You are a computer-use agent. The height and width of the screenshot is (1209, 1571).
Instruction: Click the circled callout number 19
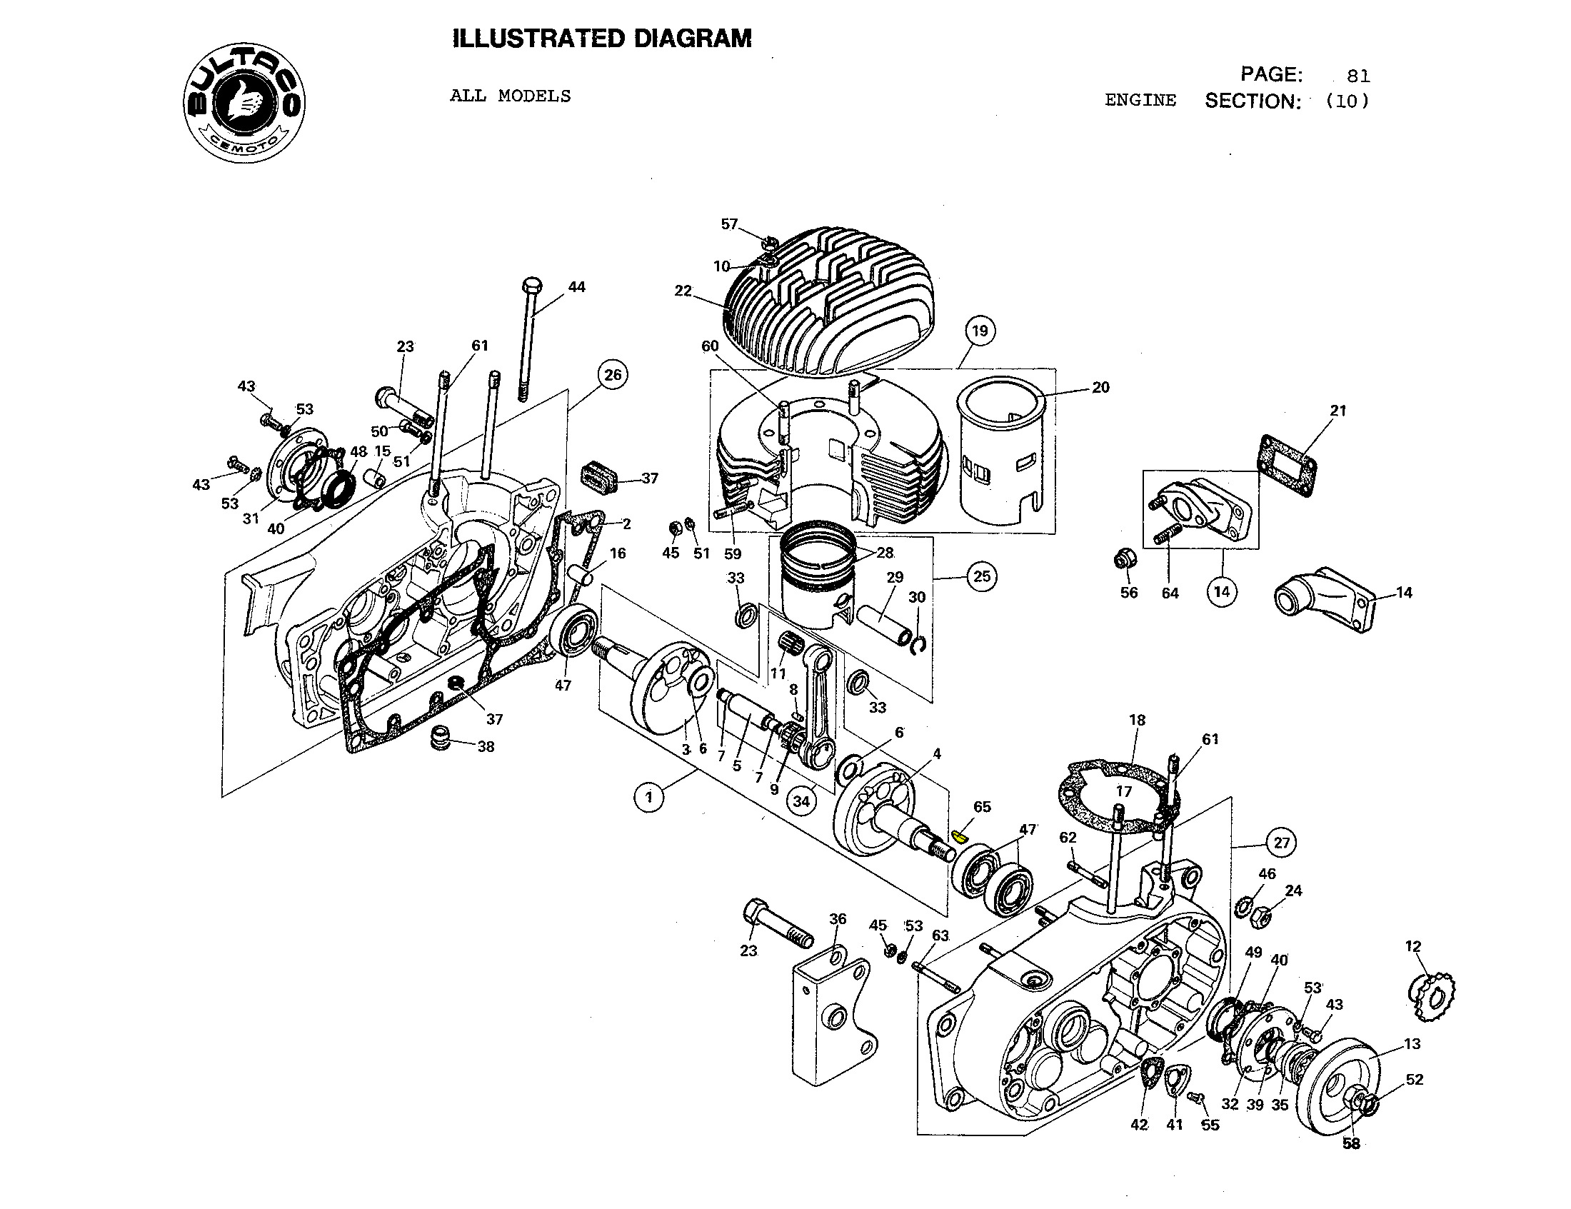(x=980, y=331)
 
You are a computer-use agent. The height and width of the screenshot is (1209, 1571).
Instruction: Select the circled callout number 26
(x=613, y=375)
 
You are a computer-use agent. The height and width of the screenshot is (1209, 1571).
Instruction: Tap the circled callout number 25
(x=982, y=576)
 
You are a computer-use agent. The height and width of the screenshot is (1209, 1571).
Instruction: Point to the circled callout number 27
(x=1282, y=842)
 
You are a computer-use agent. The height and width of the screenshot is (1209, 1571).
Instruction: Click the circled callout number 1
(x=650, y=797)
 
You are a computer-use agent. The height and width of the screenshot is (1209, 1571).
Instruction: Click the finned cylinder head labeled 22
(x=827, y=302)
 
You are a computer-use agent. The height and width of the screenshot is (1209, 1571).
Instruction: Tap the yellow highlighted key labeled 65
(x=958, y=836)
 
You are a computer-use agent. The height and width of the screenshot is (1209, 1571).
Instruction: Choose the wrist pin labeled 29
(x=880, y=624)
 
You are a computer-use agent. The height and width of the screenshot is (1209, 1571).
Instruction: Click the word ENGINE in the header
(x=1140, y=101)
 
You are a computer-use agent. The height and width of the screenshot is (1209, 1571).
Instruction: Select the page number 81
(x=1357, y=76)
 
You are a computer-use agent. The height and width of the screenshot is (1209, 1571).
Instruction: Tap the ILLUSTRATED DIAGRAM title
(x=602, y=38)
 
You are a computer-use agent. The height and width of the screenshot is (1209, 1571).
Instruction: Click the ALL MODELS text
(x=510, y=96)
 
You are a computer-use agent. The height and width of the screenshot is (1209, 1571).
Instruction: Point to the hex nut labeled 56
(x=1124, y=558)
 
